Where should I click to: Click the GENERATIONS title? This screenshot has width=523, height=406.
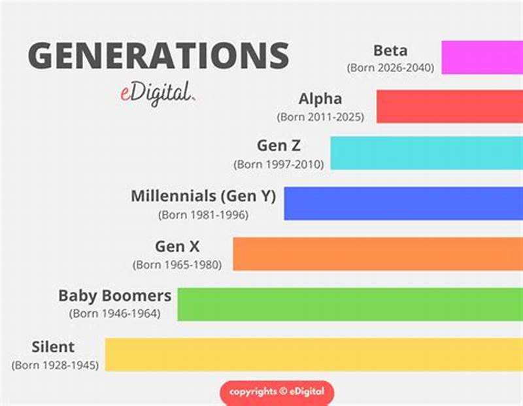coord(158,55)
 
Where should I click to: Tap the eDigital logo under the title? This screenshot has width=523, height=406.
coord(151,92)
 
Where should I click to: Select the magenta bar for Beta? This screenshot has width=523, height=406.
coord(482,58)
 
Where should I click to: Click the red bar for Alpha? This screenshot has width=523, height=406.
coord(449,107)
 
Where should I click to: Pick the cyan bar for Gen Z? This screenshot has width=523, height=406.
coord(426,154)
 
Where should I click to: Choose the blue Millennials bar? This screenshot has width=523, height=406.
coord(403,203)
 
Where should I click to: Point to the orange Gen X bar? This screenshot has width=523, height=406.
coord(378,254)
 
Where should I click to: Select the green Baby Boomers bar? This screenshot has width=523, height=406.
coord(350,304)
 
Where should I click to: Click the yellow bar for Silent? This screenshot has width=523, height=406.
coord(314,354)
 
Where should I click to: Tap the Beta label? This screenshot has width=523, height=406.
coord(391,50)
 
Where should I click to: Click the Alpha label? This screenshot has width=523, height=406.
coord(320,99)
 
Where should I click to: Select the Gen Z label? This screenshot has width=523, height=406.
coord(279,146)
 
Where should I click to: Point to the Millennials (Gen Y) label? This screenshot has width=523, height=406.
coord(203,196)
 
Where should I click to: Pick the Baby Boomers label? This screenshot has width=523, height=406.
coord(115,296)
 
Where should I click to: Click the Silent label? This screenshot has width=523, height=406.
coord(53,347)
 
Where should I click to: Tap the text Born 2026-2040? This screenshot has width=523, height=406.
coord(391,67)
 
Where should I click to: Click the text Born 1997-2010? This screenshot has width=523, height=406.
coord(279,165)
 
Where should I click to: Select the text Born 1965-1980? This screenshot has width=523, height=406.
coord(178,265)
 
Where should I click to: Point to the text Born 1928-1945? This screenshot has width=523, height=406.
coord(55,365)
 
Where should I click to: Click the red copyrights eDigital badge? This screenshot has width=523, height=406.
coord(277,392)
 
